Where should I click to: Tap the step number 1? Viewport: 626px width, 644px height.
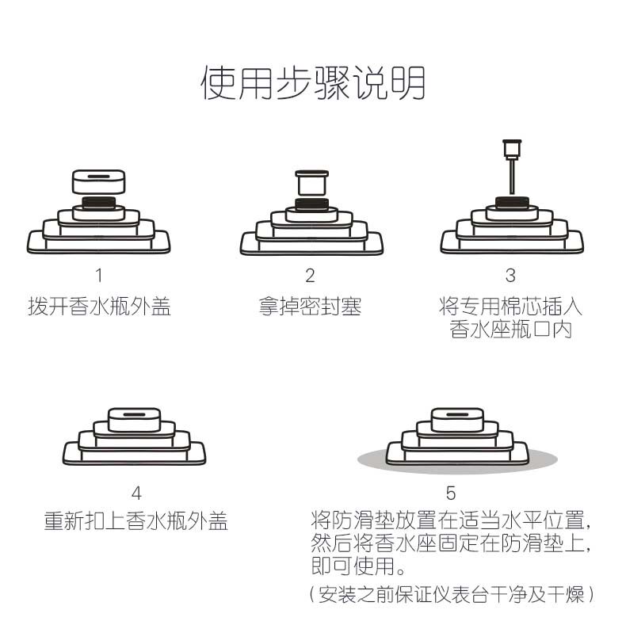[x=99, y=276]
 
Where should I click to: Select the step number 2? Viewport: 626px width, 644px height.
[x=310, y=276]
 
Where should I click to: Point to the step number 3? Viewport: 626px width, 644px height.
[x=510, y=276]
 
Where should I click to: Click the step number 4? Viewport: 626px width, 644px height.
[x=136, y=493]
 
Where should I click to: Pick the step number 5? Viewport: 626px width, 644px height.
[x=451, y=493]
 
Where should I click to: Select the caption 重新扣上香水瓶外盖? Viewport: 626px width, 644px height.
[x=136, y=522]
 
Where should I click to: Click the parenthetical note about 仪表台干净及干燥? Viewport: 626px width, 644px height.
[x=451, y=594]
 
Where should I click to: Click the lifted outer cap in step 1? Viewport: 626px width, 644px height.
[x=99, y=181]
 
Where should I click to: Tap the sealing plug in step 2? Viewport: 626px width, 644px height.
[x=311, y=183]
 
